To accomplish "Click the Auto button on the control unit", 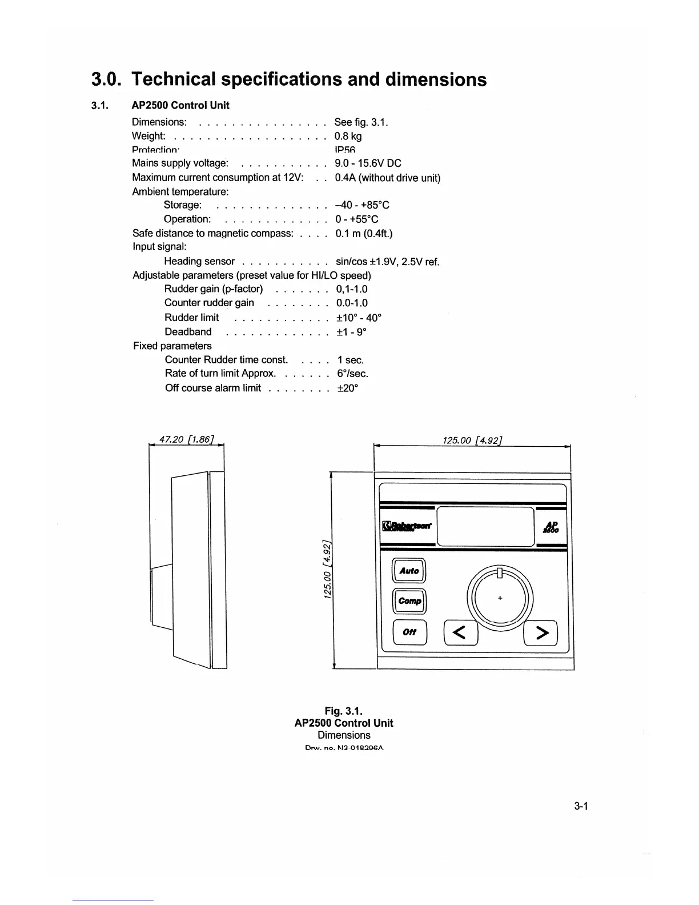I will coord(409,571).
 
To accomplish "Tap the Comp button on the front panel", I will coord(409,601).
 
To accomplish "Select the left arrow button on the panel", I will coord(460,632).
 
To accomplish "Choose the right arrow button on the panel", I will coord(541,632).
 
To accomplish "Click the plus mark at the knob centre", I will coord(500,598).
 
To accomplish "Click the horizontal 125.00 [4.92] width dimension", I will coord(472,440).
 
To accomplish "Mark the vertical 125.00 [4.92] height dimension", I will coord(327,570).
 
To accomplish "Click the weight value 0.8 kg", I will coord(348,136).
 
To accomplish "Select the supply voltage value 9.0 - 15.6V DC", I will coord(368,163).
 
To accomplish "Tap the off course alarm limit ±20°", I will coord(347,388).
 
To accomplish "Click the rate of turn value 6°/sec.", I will coord(352,374).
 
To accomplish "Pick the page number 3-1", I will coord(581,806).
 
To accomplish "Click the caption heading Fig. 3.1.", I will coord(344,711).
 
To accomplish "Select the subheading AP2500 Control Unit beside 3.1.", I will coord(180,105).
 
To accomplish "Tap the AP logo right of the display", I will coord(552,527).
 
